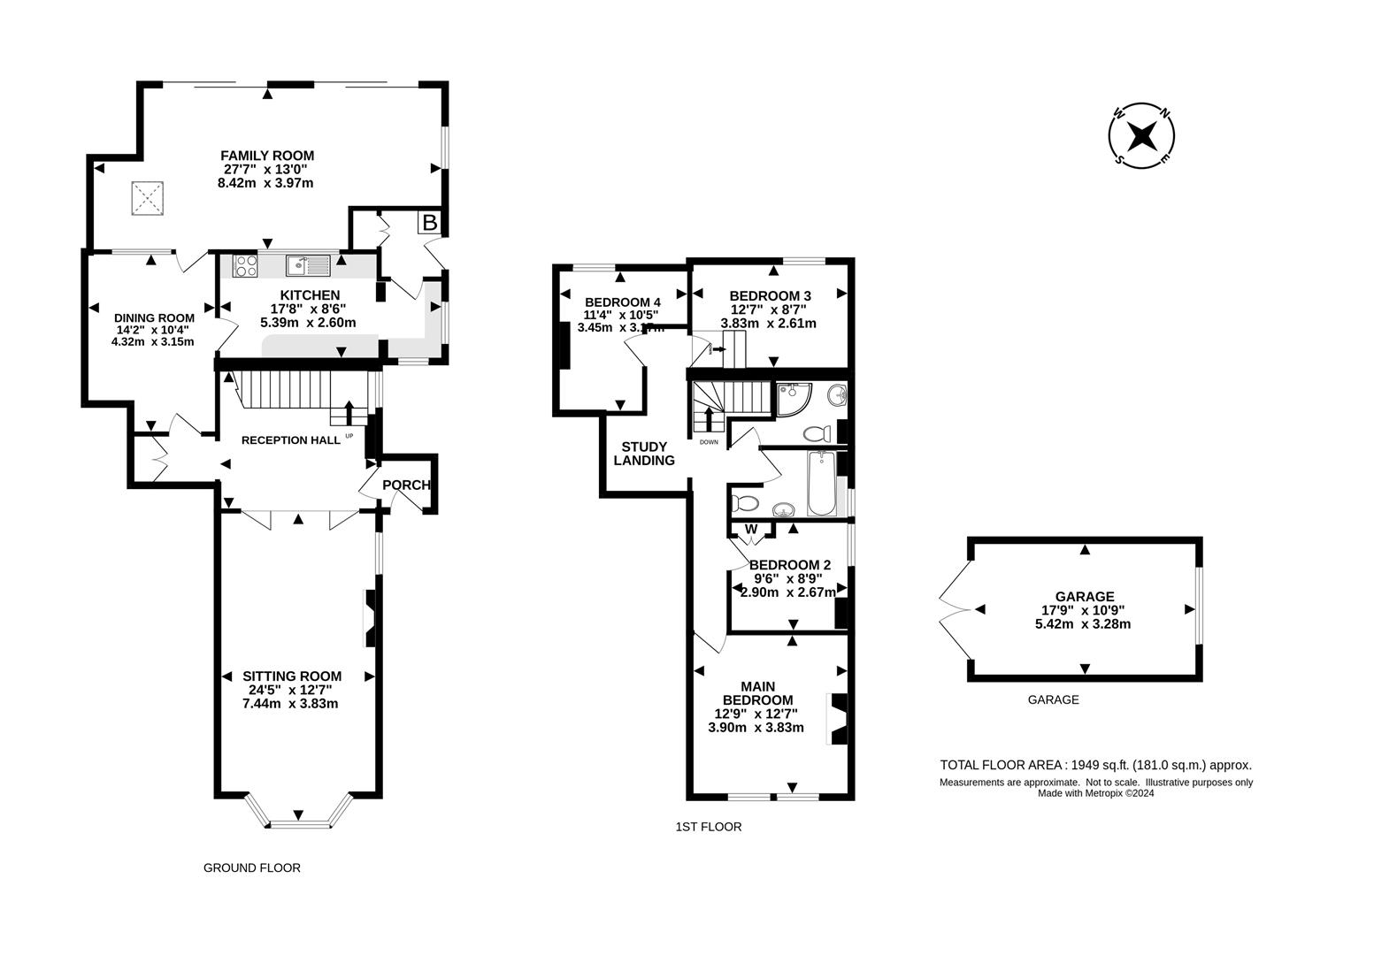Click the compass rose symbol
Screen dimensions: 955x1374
pos(1142,135)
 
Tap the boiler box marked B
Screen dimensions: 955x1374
pos(429,222)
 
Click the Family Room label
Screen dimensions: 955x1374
pos(267,156)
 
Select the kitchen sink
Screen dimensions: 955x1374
pos(307,264)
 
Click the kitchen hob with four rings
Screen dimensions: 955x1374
pos(245,264)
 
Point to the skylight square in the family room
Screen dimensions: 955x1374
pos(148,198)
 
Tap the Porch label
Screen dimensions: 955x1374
pos(406,485)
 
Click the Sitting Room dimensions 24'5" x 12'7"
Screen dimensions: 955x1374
pos(292,690)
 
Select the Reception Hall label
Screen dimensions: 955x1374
pos(290,440)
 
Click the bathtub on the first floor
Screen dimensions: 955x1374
pos(822,484)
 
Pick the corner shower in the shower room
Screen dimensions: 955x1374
pos(792,399)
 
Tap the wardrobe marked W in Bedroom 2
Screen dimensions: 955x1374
pos(751,530)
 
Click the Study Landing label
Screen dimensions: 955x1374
pos(644,454)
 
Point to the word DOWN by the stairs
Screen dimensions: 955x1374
pos(709,442)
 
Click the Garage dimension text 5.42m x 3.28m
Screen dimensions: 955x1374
pos(1083,623)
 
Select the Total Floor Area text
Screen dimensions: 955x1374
pos(1095,766)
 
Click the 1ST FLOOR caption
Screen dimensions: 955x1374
pos(708,828)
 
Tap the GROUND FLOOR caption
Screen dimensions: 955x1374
pos(252,868)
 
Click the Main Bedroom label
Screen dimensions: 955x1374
pos(756,693)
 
